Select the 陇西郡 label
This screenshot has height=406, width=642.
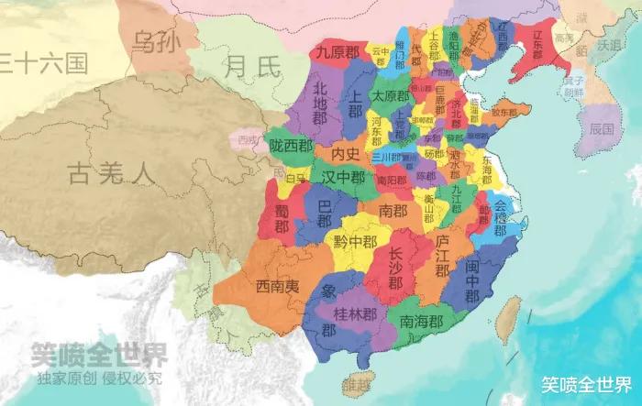click(x=292, y=146)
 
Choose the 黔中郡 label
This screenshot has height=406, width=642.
click(x=355, y=242)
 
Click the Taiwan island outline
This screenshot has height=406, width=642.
click(x=507, y=321)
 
